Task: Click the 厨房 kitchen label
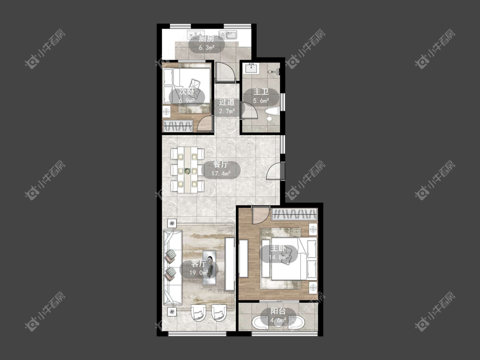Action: coord(207,39)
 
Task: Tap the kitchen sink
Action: coord(228,35)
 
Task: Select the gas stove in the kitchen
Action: coord(196,34)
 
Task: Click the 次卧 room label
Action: coord(187,92)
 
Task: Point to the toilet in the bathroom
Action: coord(271,114)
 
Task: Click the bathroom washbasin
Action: coord(251,68)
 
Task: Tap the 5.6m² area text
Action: coord(261,100)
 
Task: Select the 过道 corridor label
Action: coord(227,102)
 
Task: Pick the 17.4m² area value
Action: coord(221,174)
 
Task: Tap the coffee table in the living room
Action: coord(209,267)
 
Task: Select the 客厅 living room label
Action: coord(199,263)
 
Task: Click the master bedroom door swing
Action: coord(261,215)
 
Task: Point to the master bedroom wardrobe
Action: coord(294,214)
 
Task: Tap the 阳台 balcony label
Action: coord(278,311)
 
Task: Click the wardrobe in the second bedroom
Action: coord(178,126)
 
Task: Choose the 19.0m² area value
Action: coord(199,273)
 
